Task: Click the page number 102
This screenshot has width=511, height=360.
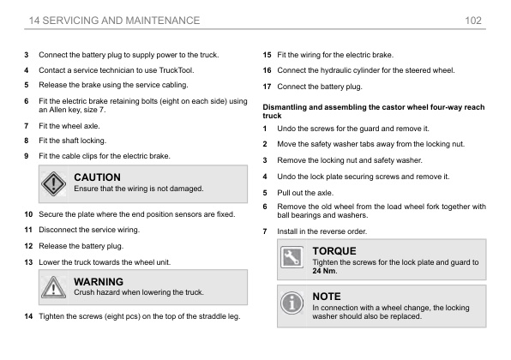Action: click(x=473, y=19)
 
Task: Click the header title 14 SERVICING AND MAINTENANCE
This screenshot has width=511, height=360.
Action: click(x=114, y=19)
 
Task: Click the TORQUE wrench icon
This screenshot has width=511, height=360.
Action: click(x=293, y=255)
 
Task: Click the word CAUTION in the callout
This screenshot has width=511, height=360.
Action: click(x=98, y=177)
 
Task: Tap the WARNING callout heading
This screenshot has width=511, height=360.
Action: click(x=99, y=281)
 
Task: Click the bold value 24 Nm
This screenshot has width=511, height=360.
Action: click(x=326, y=271)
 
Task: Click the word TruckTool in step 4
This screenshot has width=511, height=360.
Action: click(x=177, y=69)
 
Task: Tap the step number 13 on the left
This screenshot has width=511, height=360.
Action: click(x=29, y=261)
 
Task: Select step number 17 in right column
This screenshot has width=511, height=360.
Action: click(x=268, y=86)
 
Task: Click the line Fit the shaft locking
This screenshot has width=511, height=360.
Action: click(x=74, y=141)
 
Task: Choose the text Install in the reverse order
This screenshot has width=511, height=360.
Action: click(x=322, y=231)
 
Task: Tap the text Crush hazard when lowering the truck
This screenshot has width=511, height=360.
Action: click(x=139, y=292)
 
